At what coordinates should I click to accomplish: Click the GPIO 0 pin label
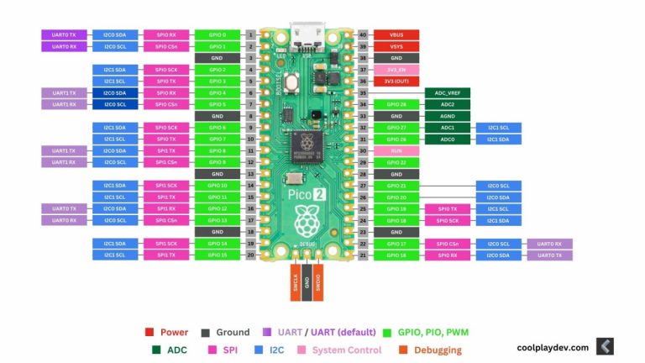point(217,35)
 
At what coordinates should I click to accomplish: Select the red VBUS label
point(396,35)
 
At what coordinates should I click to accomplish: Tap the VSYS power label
point(396,47)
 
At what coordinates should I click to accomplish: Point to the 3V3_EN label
point(396,70)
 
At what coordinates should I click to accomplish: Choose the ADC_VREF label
point(447,92)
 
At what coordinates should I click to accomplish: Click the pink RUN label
point(396,150)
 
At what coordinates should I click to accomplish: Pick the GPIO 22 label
point(396,162)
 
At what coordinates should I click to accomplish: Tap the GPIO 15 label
point(217,255)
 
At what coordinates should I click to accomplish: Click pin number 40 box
point(363,35)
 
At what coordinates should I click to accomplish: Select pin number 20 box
point(250,255)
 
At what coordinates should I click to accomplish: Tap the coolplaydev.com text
point(552,346)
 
